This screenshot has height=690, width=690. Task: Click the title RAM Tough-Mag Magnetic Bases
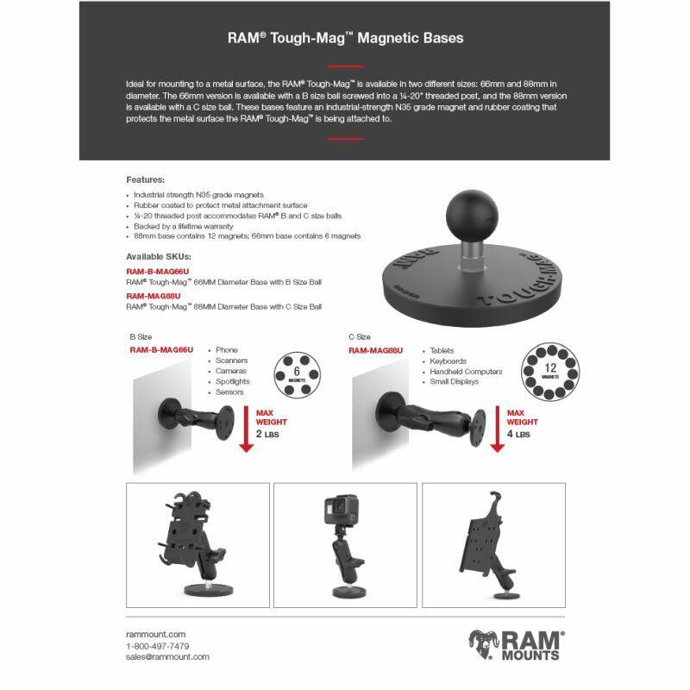(345, 38)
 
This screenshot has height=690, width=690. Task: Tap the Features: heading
(146, 179)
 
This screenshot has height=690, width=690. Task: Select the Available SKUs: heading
(159, 257)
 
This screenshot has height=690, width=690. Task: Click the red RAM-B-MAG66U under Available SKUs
(158, 272)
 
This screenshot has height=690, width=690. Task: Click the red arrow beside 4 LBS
(496, 431)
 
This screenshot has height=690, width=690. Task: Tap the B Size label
(142, 337)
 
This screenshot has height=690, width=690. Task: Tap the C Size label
(361, 337)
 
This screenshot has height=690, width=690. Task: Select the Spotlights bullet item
(233, 381)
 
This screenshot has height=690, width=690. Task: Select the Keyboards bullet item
(449, 361)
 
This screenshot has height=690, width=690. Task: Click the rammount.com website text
(155, 634)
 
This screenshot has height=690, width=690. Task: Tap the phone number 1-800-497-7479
(158, 645)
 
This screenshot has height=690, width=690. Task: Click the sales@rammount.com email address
(167, 656)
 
